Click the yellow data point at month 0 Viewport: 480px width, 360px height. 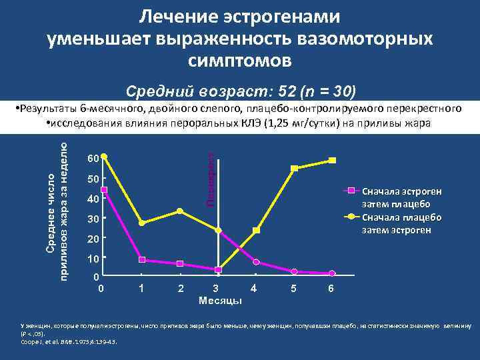(x=104, y=157)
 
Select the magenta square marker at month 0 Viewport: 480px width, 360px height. (x=104, y=190)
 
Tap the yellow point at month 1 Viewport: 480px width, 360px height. (x=142, y=223)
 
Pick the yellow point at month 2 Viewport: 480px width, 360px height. (x=180, y=211)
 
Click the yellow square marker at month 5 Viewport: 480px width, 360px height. (x=294, y=168)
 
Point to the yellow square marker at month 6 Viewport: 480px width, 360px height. (x=332, y=160)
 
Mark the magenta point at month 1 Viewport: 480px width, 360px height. (x=142, y=259)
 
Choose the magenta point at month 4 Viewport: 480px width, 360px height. (x=256, y=262)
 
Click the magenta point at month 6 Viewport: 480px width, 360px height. (x=332, y=273)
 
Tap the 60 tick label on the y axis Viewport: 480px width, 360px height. (x=93, y=159)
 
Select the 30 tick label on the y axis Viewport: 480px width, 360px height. (x=93, y=219)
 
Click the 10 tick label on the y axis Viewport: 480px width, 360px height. (x=93, y=259)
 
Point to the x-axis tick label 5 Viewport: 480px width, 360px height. (x=294, y=288)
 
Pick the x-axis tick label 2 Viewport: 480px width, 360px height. (x=180, y=288)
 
